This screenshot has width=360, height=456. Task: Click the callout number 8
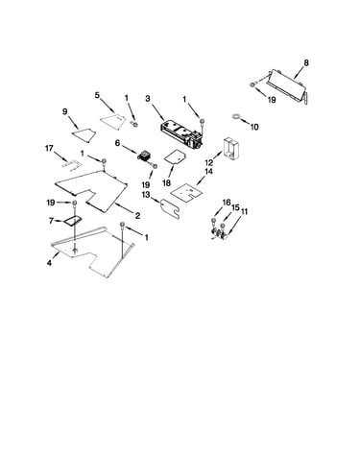(x=306, y=63)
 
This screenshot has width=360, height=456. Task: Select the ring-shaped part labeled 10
(x=236, y=116)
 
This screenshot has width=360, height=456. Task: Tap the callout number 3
(x=148, y=99)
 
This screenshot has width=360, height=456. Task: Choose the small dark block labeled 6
(x=145, y=156)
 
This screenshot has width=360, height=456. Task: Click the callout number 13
(x=146, y=195)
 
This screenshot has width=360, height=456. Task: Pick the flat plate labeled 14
(x=187, y=191)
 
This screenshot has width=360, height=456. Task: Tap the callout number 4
(x=49, y=263)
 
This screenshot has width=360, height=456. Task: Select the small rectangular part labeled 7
(x=73, y=221)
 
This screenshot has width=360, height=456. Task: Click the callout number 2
(x=137, y=216)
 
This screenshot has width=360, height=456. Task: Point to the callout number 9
(x=65, y=111)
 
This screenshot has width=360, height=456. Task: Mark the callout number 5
(x=97, y=95)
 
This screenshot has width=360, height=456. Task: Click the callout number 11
(x=244, y=211)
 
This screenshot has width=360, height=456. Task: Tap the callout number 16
(x=227, y=203)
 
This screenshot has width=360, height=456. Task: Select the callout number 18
(x=166, y=183)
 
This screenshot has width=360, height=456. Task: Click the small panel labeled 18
(x=176, y=156)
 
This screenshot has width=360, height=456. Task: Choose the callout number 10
(x=254, y=127)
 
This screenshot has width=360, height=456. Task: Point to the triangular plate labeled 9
(x=84, y=133)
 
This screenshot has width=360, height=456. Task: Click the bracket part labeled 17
(x=71, y=164)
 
